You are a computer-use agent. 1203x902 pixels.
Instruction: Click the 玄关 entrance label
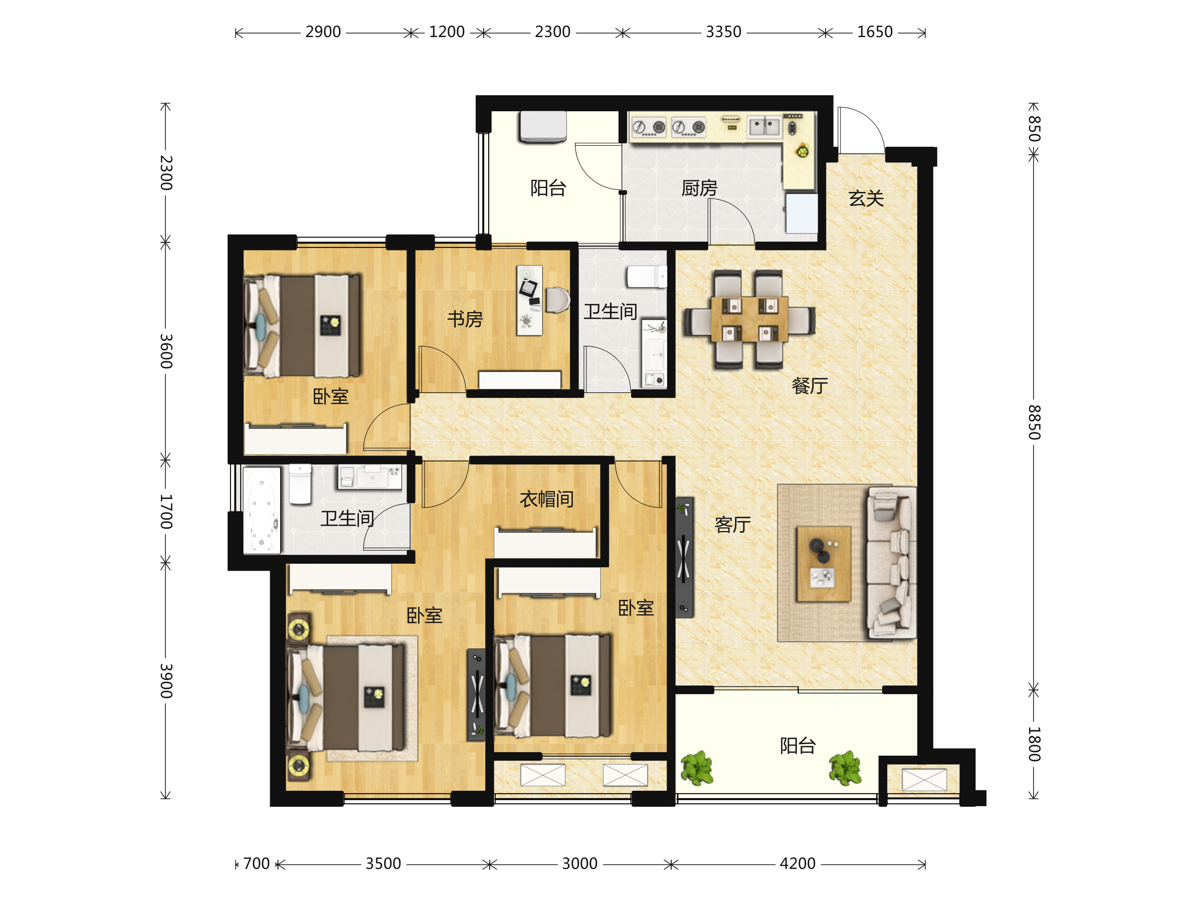click(x=866, y=198)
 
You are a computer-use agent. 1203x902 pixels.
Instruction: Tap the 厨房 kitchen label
click(x=699, y=188)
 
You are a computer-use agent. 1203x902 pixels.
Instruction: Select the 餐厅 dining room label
click(x=810, y=385)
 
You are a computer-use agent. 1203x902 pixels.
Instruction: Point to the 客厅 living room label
click(x=732, y=525)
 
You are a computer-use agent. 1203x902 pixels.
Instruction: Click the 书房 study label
click(x=465, y=319)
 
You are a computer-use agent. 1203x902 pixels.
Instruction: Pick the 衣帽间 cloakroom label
click(x=546, y=499)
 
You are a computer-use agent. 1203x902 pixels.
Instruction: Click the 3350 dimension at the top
click(x=723, y=32)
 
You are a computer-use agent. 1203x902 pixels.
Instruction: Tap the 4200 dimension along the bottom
click(x=797, y=863)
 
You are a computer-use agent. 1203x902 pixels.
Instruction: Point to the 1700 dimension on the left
click(x=166, y=512)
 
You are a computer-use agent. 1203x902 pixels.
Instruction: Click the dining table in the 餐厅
click(x=749, y=320)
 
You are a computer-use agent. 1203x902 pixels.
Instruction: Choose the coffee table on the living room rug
click(x=824, y=564)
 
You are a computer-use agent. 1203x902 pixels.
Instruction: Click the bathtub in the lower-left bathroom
click(x=262, y=510)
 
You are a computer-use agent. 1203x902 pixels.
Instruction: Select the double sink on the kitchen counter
click(x=764, y=127)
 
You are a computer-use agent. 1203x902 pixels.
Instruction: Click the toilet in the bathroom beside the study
click(x=647, y=276)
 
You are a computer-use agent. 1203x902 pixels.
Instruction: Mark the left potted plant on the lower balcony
click(x=697, y=768)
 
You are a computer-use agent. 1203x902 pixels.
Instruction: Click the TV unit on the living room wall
click(x=685, y=557)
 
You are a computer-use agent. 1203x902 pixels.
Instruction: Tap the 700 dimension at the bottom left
click(x=256, y=863)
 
